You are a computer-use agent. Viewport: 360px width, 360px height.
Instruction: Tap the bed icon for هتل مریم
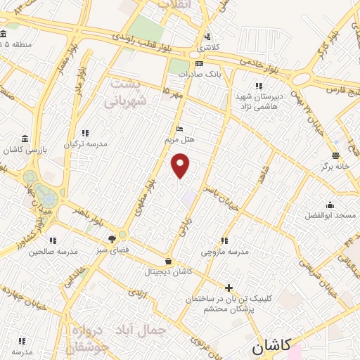180,129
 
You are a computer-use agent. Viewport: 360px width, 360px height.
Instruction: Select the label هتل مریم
180,139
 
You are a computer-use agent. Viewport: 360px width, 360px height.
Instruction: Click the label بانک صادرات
195,73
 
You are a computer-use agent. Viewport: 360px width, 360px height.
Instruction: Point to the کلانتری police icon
207,37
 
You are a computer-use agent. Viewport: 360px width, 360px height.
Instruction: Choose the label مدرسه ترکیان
86,143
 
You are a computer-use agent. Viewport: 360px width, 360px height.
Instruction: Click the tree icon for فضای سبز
112,239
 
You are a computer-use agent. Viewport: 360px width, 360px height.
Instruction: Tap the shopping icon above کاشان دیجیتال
168,260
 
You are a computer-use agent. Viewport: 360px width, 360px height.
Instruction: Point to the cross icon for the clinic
229,287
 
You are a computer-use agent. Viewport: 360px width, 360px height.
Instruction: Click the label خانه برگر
337,167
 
